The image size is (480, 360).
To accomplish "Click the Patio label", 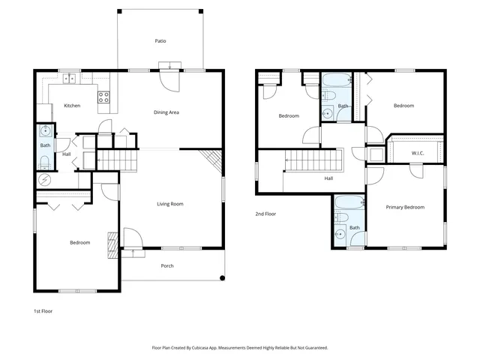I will click(160, 41).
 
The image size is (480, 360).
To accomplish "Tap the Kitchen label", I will click(72, 106).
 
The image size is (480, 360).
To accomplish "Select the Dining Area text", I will click(166, 112).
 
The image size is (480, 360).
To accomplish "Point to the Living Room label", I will click(170, 204).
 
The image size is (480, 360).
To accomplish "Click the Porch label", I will click(167, 266).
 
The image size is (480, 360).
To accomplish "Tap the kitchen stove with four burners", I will click(104, 97).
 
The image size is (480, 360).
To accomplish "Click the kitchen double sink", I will click(69, 77).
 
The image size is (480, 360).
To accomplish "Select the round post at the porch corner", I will click(222, 279).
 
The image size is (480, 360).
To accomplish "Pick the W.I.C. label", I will click(418, 154).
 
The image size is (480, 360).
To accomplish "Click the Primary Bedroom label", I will click(405, 207).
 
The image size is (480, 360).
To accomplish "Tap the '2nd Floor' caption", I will click(265, 214).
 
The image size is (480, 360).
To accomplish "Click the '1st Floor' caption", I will click(43, 310).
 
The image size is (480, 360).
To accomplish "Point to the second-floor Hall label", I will click(328, 178).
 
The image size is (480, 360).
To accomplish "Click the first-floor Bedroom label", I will click(80, 242).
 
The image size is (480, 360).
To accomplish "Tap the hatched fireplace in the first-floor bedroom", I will click(112, 244).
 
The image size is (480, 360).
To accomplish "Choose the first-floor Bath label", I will click(45, 145).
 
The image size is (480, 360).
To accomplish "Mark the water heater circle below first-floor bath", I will click(45, 180).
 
